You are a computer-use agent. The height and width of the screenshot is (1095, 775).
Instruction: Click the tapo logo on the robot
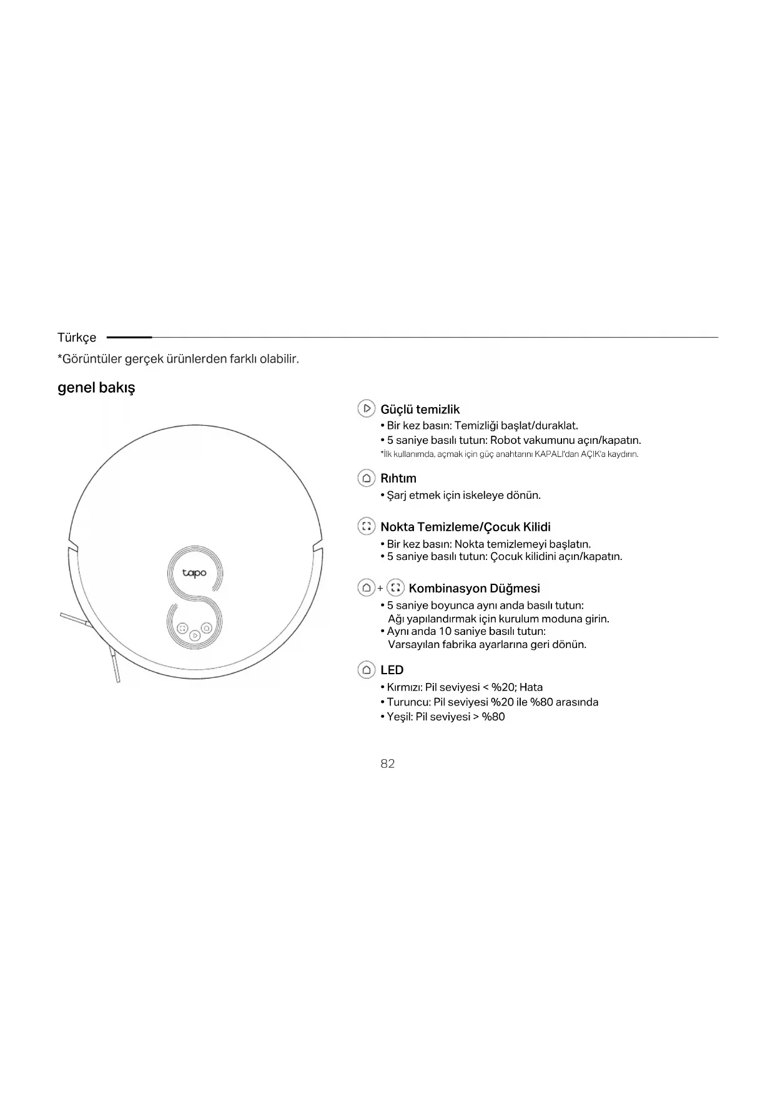coord(194,572)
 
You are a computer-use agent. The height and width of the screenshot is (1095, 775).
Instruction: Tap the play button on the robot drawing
coord(195,635)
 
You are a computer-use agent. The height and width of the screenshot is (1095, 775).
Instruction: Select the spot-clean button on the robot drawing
coord(182,628)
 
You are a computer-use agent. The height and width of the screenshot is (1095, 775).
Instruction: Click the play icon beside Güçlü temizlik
coord(367,408)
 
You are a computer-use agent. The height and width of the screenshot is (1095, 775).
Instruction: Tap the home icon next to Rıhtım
coord(367,478)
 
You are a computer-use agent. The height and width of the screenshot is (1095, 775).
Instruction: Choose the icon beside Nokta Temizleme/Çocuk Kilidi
coord(367,526)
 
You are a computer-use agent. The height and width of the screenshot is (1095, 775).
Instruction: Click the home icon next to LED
coord(367,670)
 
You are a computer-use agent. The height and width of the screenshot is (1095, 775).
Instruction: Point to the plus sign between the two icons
coord(380,588)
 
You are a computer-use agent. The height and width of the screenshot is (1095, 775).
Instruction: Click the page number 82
coord(387,764)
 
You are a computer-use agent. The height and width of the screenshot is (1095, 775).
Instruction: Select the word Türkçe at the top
coord(77,337)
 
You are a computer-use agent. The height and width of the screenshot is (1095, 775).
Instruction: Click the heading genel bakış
coord(96,387)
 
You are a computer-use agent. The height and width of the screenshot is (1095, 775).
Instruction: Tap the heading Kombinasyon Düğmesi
coord(474,588)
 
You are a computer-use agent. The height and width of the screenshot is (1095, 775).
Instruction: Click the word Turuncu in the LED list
coord(408,702)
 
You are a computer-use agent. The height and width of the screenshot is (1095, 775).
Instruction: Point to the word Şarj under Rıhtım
coord(397,495)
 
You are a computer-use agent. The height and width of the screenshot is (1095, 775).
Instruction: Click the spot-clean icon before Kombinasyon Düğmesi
coord(395,587)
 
